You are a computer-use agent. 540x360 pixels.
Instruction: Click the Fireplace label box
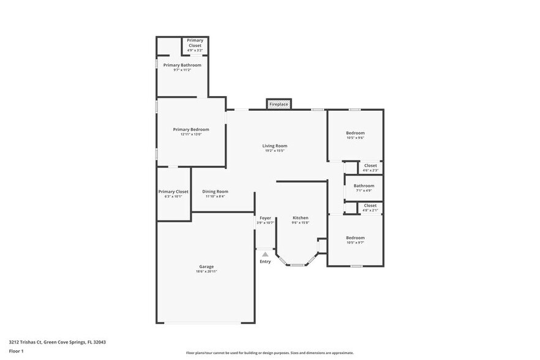279,105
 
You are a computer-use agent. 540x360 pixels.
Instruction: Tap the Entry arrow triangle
265,253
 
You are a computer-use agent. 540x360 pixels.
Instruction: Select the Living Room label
275,146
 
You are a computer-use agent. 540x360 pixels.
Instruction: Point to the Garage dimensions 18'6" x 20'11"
206,271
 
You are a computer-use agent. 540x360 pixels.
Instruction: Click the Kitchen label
300,218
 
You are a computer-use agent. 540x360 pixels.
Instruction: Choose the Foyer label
265,218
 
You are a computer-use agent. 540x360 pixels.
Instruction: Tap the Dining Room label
215,192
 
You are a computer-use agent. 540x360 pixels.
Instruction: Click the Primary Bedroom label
191,129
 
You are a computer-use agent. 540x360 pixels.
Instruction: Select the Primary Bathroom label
182,65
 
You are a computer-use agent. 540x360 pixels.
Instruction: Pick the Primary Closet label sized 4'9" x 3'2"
195,40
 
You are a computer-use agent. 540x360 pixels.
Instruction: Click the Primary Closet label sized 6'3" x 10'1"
173,192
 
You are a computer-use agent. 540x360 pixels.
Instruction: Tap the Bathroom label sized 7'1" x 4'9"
364,186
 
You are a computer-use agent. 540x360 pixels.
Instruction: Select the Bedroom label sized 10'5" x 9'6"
355,133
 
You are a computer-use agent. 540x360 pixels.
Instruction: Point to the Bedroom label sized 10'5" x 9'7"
355,238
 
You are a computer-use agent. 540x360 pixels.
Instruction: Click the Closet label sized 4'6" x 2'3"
370,165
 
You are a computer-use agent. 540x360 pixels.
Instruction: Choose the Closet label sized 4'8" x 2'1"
370,206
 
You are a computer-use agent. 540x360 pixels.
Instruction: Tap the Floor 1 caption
16,351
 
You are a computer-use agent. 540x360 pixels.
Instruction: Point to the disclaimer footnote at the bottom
269,353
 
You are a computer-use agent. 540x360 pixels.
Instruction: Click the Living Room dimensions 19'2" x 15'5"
275,151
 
